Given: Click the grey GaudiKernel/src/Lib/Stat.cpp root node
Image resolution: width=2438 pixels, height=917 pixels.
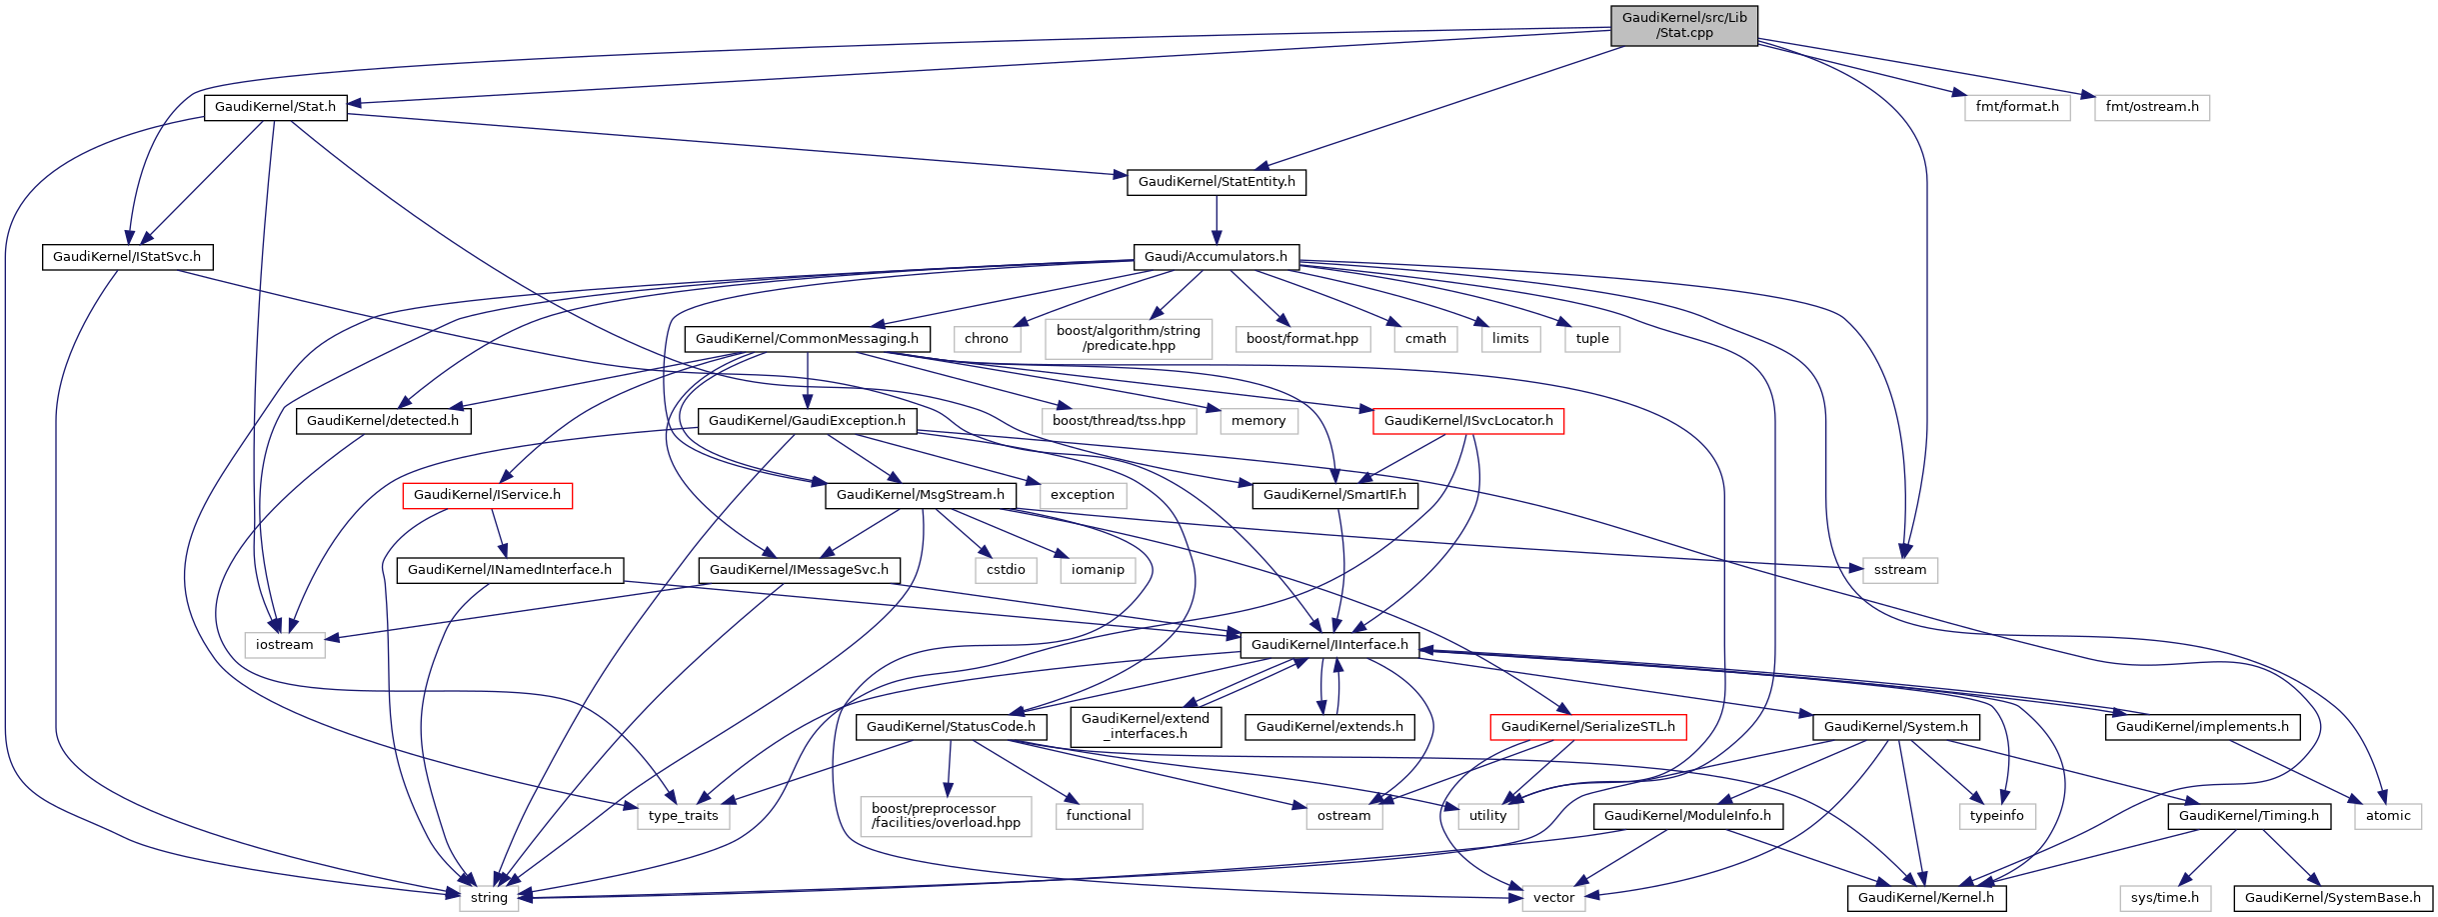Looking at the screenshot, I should (x=1683, y=25).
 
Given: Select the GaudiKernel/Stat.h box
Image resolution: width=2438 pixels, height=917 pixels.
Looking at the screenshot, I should (x=275, y=107).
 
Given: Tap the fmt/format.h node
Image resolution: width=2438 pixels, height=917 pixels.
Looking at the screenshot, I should (x=2016, y=107).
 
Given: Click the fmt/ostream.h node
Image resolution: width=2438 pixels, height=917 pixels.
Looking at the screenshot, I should (x=2151, y=107).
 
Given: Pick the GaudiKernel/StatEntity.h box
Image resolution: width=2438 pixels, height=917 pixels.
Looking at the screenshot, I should (x=1216, y=182).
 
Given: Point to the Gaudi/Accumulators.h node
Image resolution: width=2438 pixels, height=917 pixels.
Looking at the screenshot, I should (x=1216, y=257).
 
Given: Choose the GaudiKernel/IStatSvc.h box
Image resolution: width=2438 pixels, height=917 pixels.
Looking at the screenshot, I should (x=127, y=257).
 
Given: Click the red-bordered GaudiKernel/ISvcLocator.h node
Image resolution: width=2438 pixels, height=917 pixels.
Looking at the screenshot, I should (x=1467, y=421).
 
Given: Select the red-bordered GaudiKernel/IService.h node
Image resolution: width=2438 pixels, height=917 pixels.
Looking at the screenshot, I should (x=487, y=495).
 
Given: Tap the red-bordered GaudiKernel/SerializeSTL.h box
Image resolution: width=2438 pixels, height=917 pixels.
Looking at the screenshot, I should (x=1587, y=727).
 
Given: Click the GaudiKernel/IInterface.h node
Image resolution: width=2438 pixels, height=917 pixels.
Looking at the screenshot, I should (x=1328, y=645).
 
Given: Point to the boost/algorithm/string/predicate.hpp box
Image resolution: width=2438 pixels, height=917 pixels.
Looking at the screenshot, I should (x=1128, y=338).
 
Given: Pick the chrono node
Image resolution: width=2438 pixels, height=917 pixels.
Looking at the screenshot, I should (x=986, y=339).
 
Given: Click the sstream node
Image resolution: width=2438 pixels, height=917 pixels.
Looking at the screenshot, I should (x=1899, y=570).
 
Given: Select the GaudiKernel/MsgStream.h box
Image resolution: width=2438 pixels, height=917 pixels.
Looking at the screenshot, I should (x=920, y=495).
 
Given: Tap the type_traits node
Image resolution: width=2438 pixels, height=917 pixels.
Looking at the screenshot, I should (x=683, y=816).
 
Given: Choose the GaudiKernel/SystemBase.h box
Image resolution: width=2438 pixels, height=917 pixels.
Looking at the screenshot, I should (x=2332, y=898).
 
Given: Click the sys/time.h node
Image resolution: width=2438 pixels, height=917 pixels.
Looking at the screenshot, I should (x=2164, y=898).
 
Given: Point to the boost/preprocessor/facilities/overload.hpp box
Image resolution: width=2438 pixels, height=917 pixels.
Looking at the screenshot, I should (x=946, y=816).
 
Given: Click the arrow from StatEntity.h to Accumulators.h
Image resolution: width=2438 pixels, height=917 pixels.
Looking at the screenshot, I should (x=1217, y=220).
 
